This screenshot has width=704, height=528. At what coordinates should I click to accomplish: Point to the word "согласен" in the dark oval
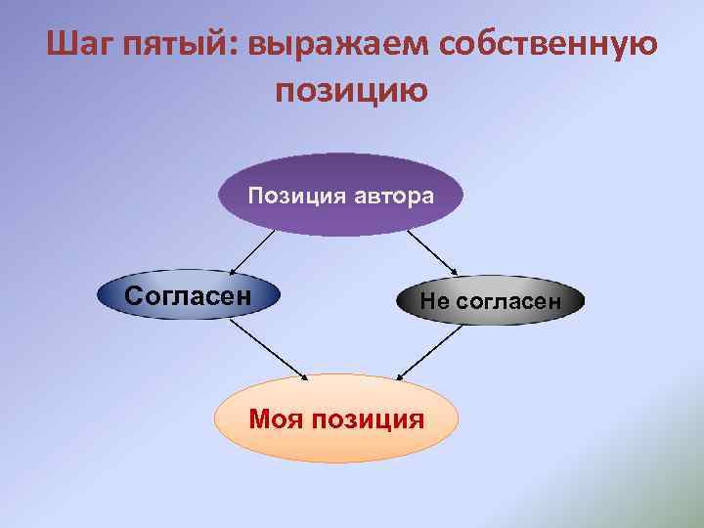[506, 302]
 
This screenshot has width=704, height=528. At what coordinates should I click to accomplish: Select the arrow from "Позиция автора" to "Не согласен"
[431, 252]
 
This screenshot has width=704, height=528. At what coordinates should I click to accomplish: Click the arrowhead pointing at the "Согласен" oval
[231, 272]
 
